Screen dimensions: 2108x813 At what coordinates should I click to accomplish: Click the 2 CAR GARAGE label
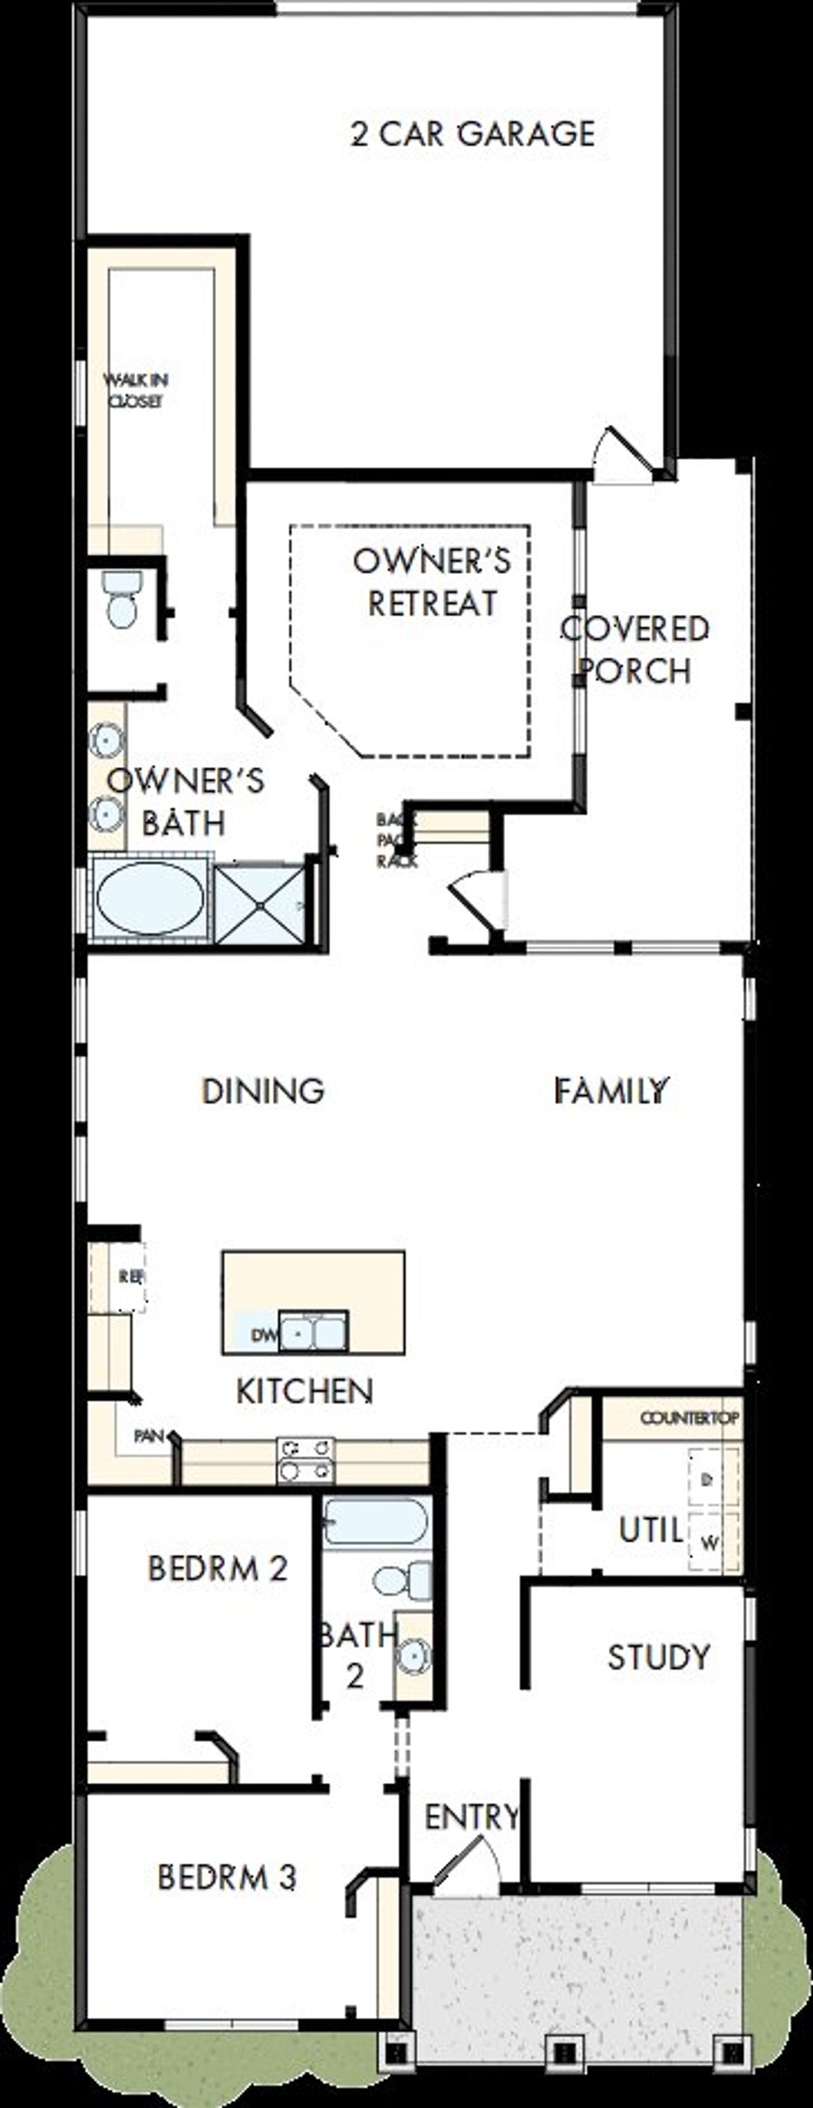[473, 134]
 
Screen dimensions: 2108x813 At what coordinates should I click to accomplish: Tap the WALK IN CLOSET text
[136, 390]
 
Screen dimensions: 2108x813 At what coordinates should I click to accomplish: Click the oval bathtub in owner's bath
[150, 899]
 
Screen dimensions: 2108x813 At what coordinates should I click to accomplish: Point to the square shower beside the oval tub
[260, 904]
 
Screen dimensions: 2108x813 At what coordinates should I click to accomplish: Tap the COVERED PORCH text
[635, 650]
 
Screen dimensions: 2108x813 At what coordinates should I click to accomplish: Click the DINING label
[263, 1091]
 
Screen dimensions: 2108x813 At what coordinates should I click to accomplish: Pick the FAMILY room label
[612, 1091]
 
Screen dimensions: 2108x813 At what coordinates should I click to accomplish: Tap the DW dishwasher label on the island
[264, 1336]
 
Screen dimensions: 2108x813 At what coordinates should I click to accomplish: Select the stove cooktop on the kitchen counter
[306, 1461]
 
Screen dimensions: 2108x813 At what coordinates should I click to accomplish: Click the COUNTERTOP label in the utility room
[689, 1418]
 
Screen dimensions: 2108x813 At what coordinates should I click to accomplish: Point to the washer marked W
[711, 1543]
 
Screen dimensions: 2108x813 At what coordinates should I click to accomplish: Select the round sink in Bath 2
[412, 1657]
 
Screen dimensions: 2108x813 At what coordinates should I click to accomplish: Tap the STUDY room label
[658, 1657]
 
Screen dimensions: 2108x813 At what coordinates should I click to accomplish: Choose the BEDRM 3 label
[226, 1876]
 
